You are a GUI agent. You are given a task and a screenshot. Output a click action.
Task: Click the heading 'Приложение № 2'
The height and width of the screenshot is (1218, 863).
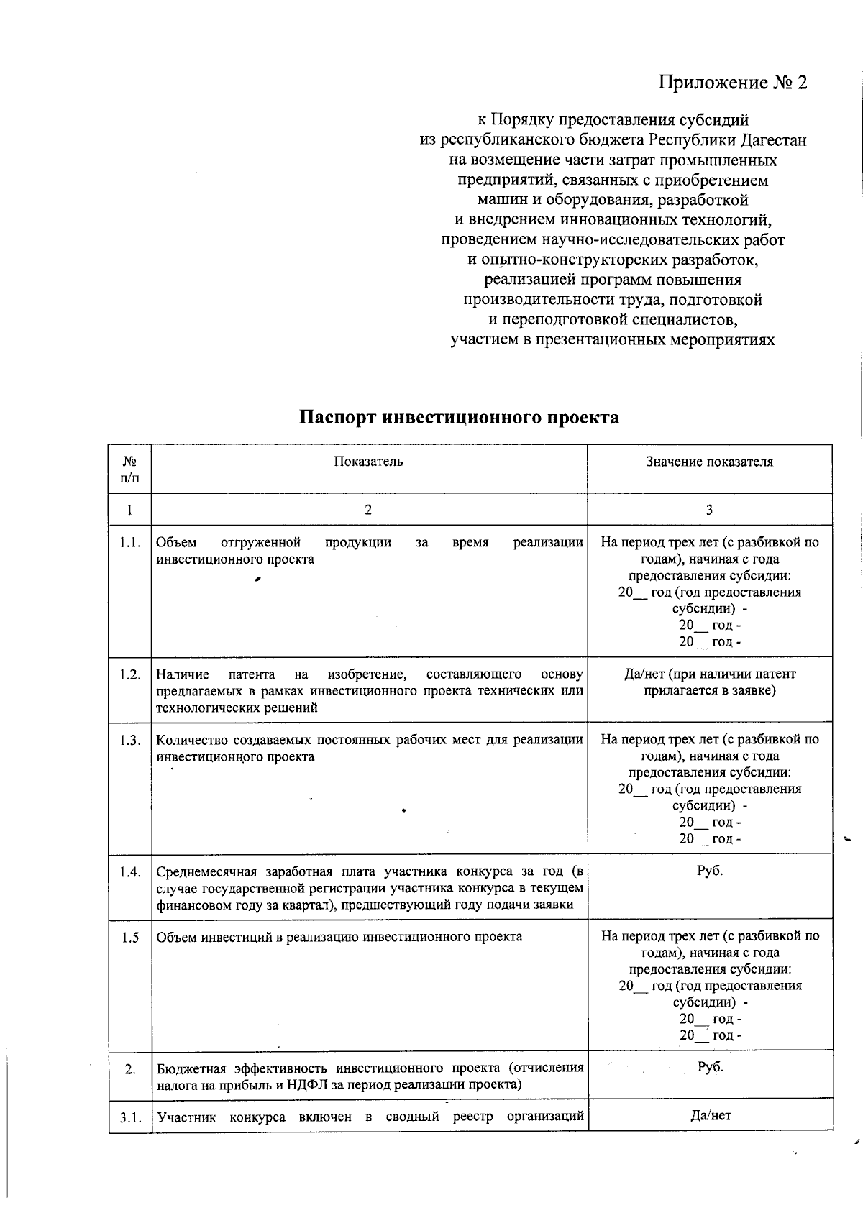[733, 83]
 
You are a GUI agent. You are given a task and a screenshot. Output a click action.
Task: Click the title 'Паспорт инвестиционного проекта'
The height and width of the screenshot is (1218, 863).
[459, 418]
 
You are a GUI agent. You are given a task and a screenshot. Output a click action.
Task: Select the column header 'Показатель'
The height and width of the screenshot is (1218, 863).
[368, 462]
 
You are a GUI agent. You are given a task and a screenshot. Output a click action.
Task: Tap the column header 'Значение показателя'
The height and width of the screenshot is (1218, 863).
[709, 462]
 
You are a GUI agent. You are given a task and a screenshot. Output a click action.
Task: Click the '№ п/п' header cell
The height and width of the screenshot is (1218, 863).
[129, 469]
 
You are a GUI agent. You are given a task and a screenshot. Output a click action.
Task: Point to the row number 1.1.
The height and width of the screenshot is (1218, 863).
[130, 543]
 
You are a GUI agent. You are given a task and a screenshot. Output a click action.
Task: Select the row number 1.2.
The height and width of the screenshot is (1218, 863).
[130, 674]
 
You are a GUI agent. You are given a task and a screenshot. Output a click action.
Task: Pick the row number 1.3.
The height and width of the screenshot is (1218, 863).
[130, 741]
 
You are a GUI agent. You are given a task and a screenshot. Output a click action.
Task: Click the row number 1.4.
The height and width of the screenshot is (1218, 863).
[130, 872]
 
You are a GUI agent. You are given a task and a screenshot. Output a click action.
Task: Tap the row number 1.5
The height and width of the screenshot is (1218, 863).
[130, 938]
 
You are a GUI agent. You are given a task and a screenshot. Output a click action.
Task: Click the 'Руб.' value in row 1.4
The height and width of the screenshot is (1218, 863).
[710, 871]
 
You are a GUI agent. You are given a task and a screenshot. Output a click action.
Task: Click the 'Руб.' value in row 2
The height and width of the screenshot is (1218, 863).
[710, 1067]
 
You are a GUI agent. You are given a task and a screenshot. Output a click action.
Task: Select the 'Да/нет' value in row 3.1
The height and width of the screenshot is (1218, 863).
[710, 1116]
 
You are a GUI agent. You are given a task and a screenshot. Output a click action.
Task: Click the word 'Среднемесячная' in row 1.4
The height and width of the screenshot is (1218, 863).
[207, 872]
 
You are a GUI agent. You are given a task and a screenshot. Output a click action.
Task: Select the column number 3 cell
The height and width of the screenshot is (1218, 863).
[709, 510]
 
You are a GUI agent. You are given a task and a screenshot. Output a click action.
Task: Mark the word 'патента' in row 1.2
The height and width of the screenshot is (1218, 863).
[251, 674]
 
